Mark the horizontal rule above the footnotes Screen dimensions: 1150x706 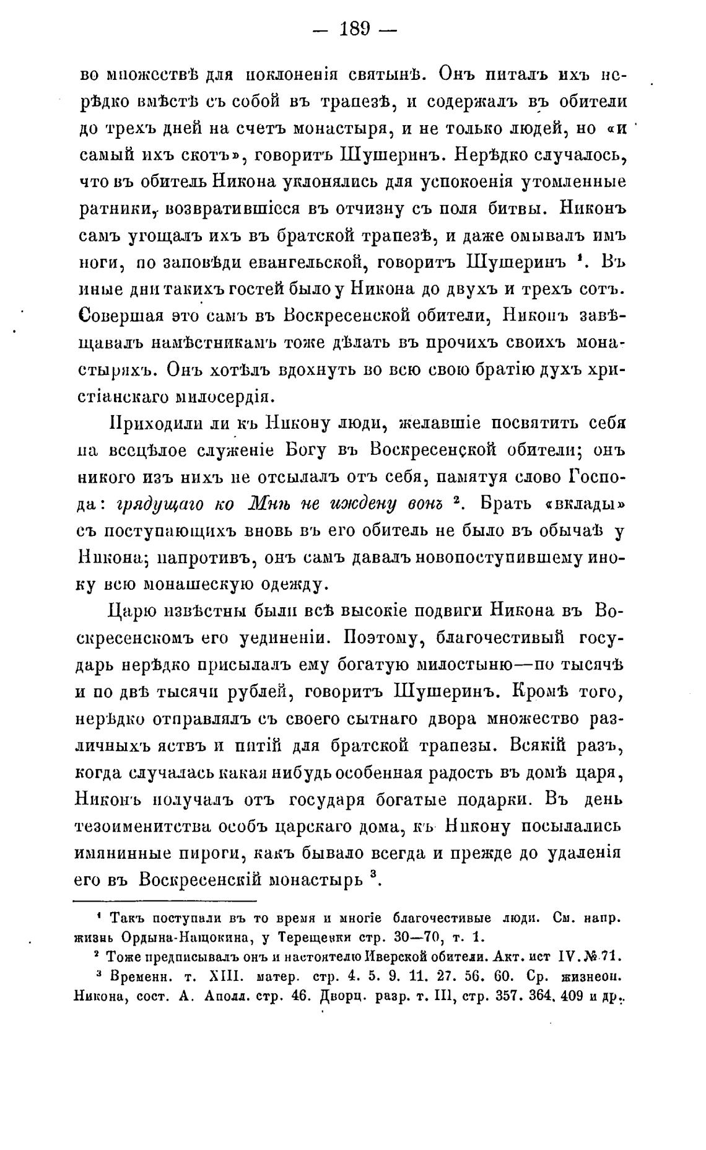pos(165,901)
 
